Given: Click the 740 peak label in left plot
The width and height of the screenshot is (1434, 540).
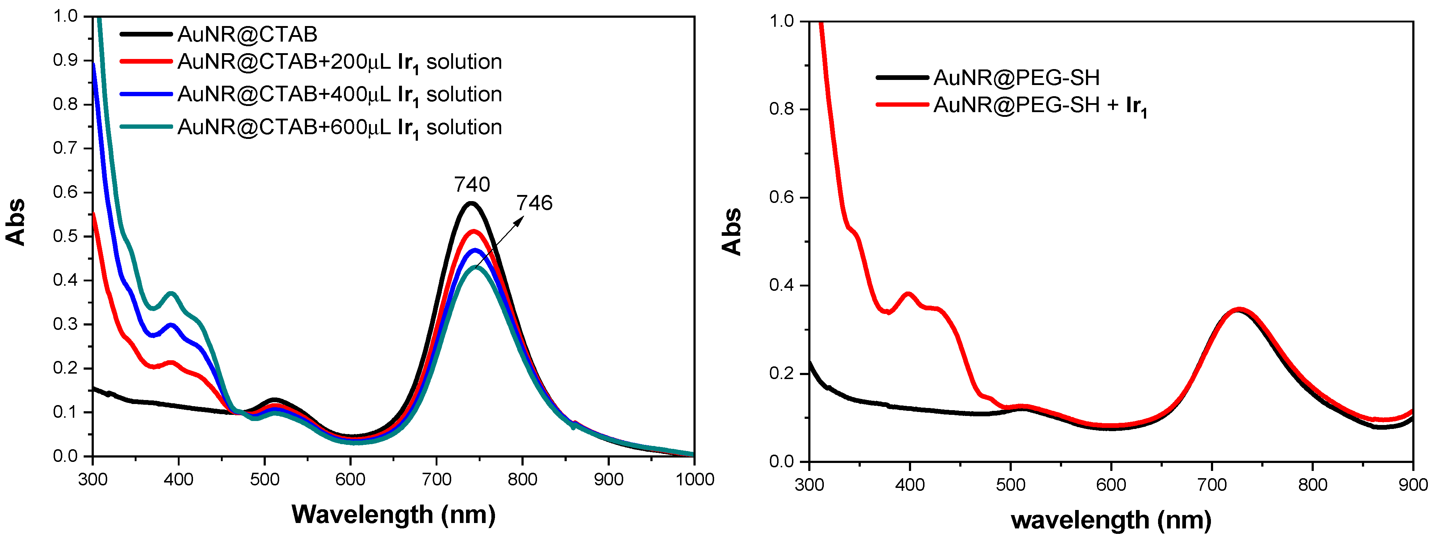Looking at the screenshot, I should coord(471,184).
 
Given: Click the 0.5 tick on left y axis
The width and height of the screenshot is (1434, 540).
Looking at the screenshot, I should coord(65,236).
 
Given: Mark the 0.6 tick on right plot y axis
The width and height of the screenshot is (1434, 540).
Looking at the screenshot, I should coord(781,197).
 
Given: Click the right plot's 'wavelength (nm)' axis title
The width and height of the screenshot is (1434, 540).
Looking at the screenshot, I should coord(1111,520).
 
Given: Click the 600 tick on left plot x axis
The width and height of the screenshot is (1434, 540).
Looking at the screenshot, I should coord(350,479).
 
